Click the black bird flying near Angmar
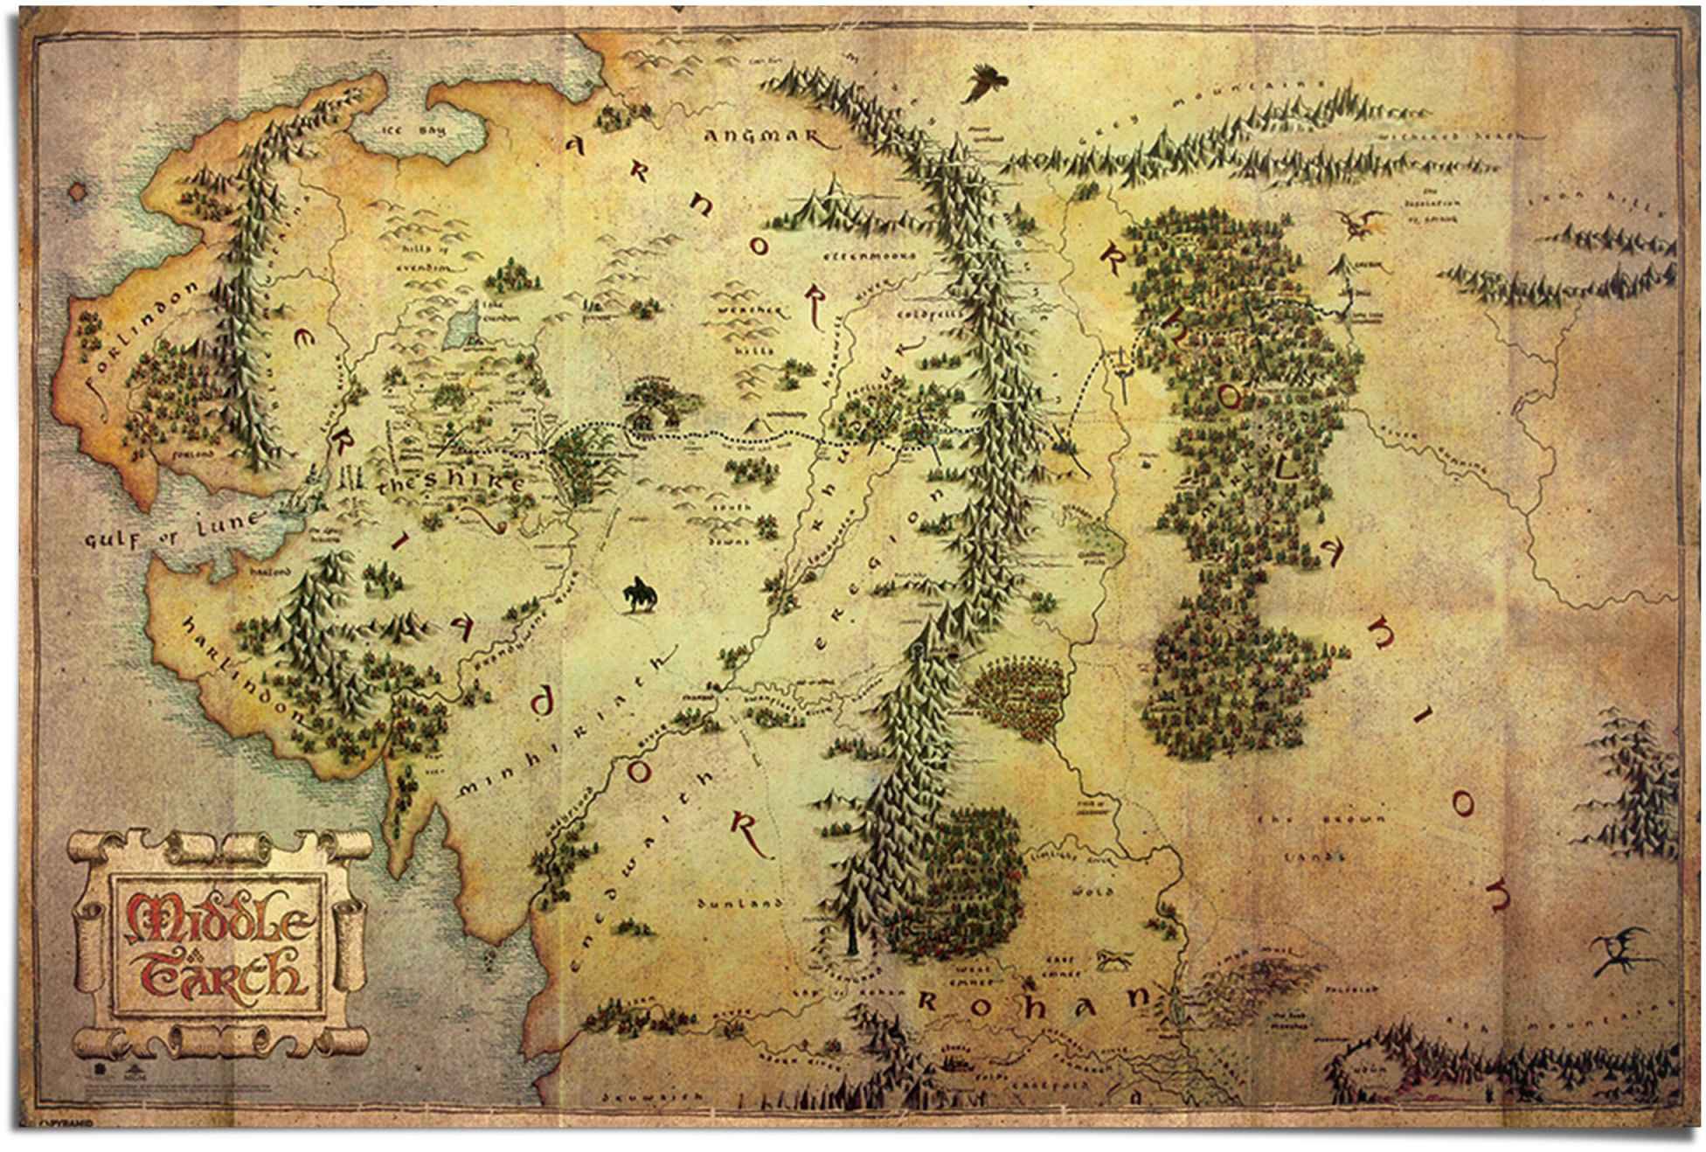point(984,84)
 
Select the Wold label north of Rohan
point(1099,892)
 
